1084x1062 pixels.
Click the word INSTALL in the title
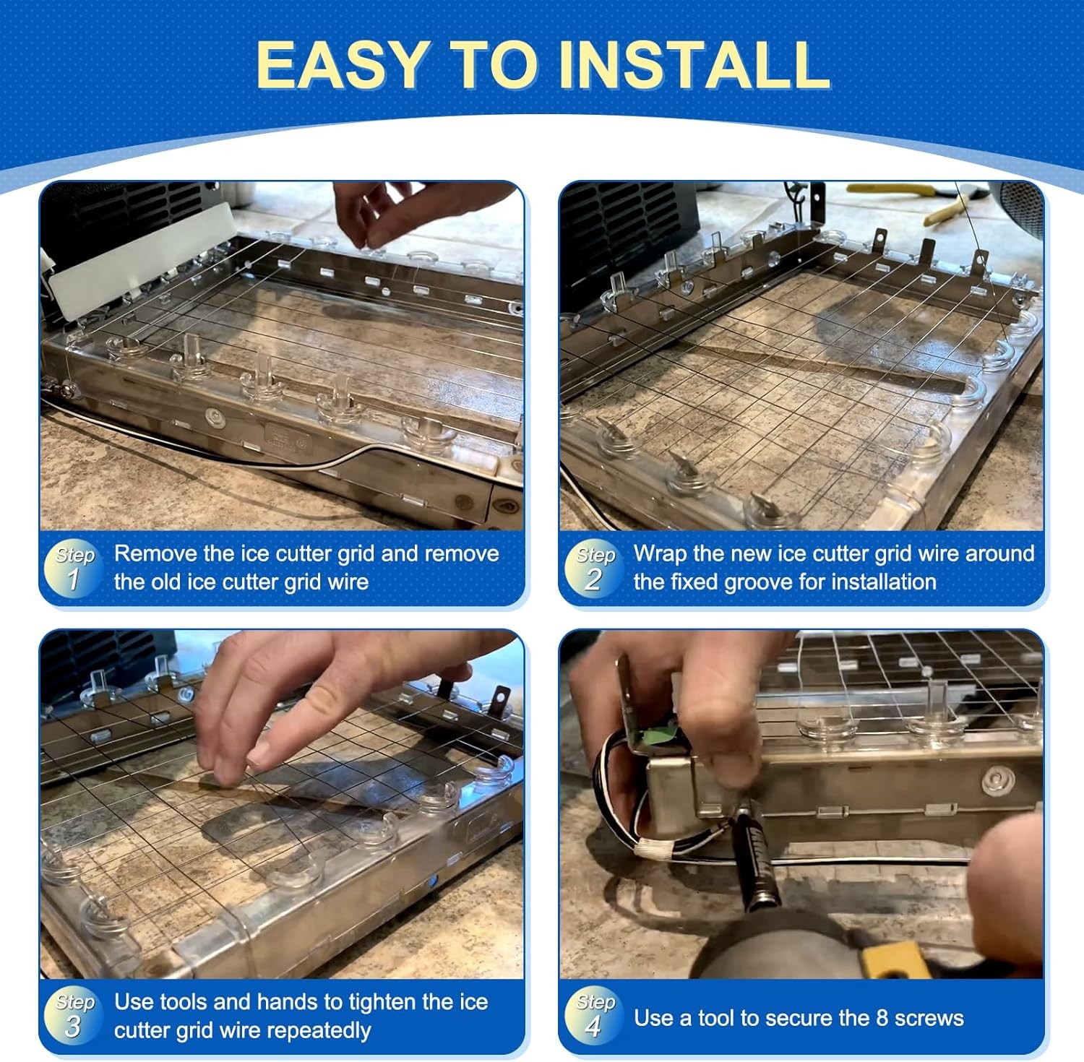tap(694, 64)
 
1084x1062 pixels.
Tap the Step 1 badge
tap(74, 568)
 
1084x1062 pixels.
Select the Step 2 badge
tap(594, 568)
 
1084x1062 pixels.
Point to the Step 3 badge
tap(74, 1016)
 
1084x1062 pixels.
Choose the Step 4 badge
tap(594, 1016)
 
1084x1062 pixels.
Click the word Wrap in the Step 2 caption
tap(660, 553)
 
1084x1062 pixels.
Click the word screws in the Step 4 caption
tap(929, 1018)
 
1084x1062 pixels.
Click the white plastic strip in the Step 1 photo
tap(142, 261)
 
